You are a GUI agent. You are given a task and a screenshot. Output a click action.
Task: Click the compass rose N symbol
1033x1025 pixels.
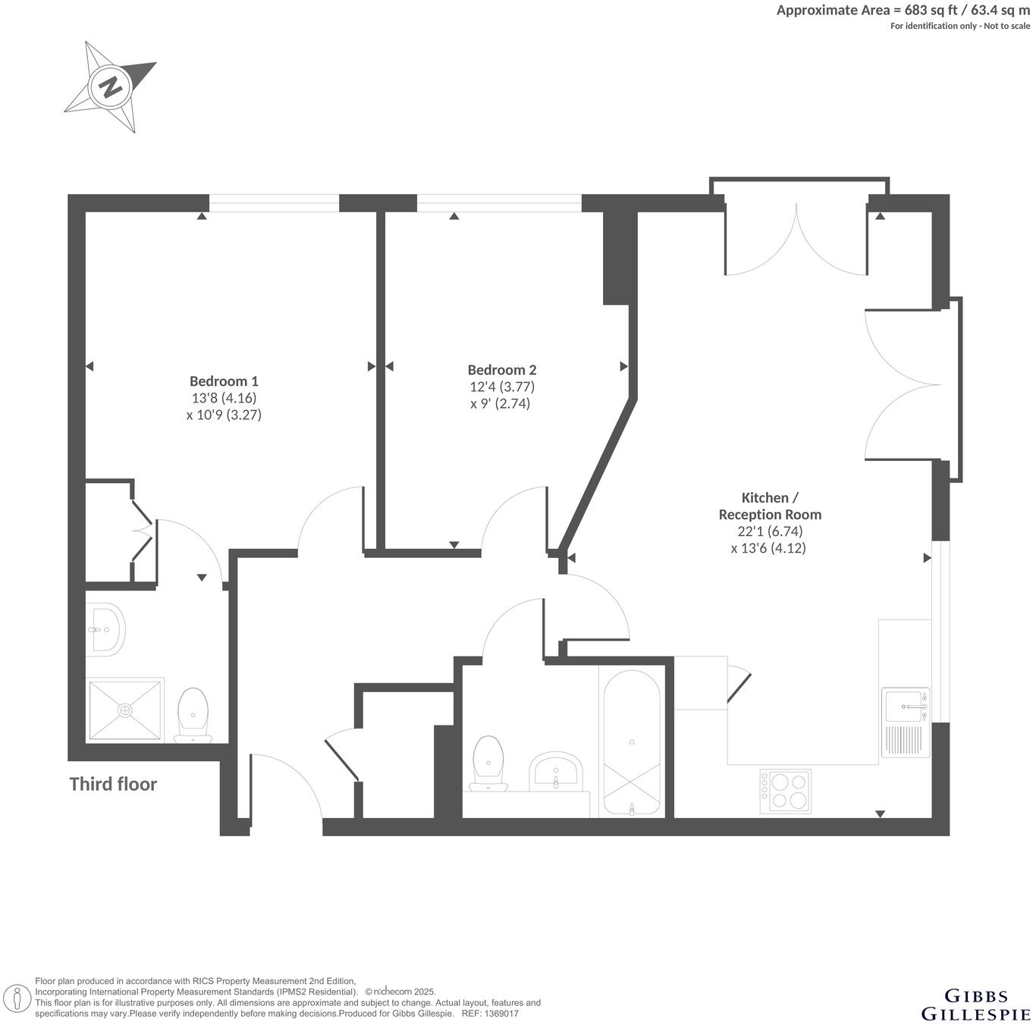[111, 86]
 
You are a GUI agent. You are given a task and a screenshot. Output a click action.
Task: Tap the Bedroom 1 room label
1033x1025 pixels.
[224, 381]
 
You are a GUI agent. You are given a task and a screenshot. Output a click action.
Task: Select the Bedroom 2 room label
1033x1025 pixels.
[501, 370]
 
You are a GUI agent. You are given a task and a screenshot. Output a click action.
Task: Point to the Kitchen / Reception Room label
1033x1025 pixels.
[769, 506]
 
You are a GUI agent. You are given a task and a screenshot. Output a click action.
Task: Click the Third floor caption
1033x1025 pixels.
[113, 784]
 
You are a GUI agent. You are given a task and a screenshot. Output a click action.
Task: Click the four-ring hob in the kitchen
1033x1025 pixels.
[785, 791]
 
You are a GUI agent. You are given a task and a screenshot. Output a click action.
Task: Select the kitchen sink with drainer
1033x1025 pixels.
[906, 723]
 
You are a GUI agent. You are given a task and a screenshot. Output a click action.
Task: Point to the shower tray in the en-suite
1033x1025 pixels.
[126, 710]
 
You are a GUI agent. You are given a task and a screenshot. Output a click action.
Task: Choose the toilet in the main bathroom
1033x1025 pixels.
[488, 763]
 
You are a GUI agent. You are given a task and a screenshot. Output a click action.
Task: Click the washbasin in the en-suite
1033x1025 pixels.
[105, 629]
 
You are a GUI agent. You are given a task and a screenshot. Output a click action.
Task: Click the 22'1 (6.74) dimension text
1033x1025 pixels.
[769, 531]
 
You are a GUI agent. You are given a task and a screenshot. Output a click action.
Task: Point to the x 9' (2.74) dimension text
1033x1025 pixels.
[500, 403]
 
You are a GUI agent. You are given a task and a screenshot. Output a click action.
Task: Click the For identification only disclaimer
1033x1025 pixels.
[959, 26]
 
